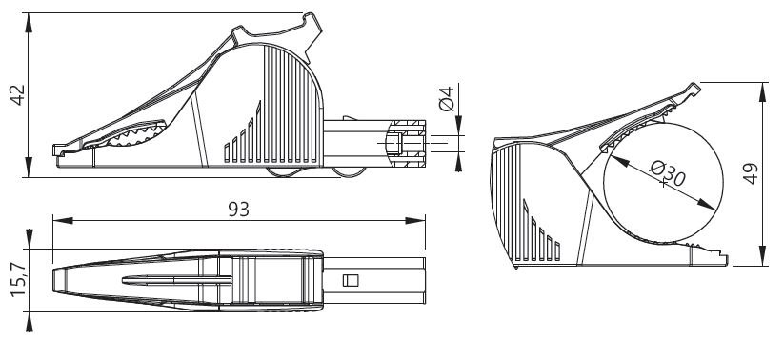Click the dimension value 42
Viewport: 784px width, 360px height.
18,95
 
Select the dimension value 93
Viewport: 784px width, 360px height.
238,210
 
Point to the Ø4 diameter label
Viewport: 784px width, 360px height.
446,98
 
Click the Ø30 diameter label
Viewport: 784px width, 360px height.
668,173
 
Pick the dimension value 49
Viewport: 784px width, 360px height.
751,174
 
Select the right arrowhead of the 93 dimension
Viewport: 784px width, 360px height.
415,220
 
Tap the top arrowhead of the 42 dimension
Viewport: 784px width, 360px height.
29,23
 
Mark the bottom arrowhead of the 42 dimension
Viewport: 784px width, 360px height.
29,167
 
